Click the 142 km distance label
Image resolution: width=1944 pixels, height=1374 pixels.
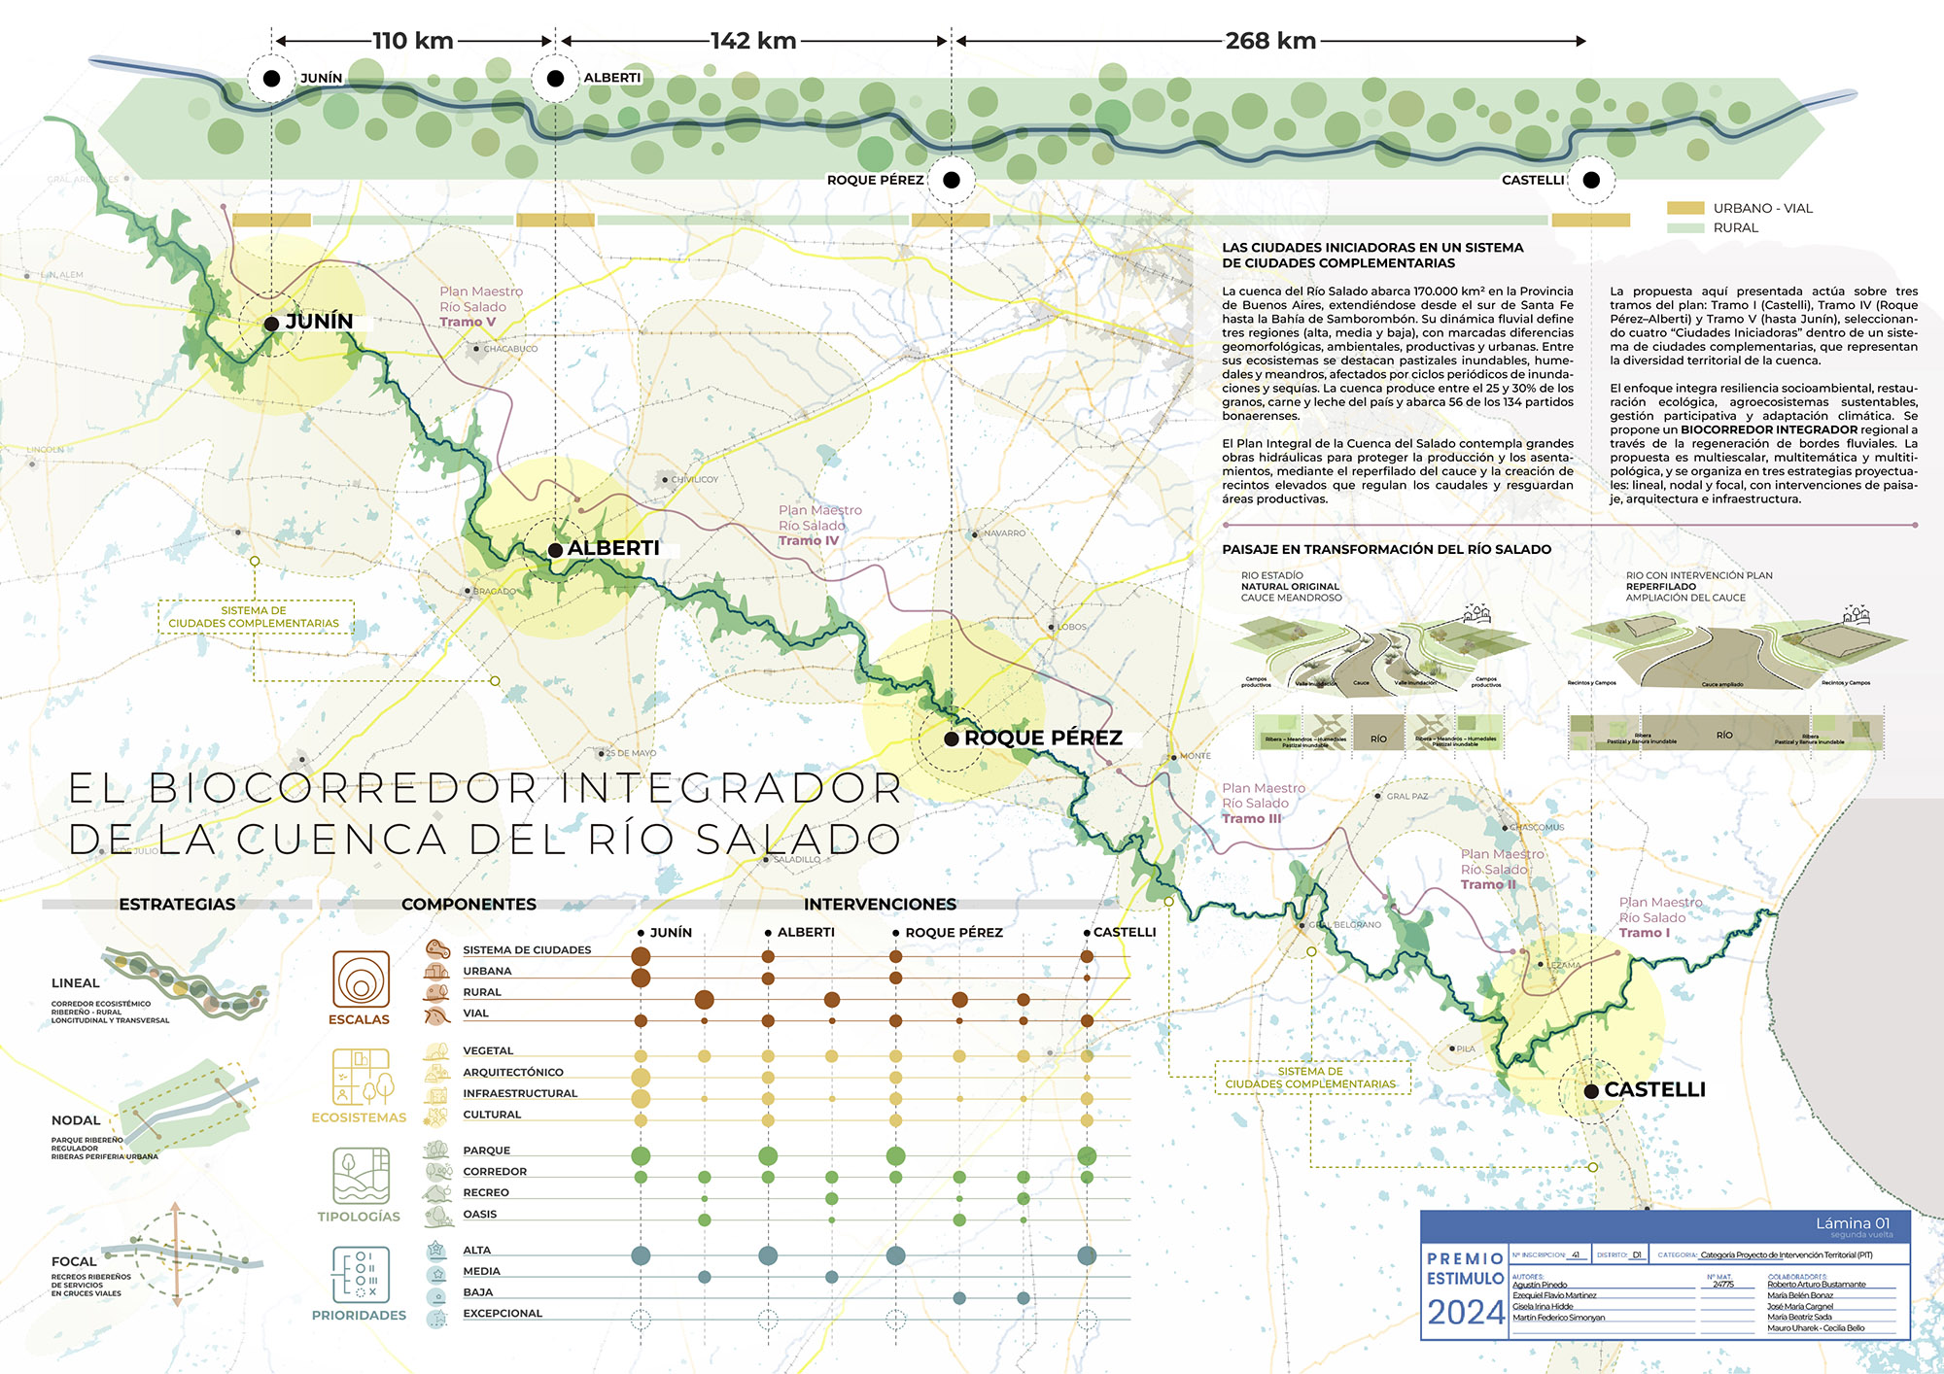point(753,41)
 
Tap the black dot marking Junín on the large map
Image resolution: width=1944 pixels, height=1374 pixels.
point(271,324)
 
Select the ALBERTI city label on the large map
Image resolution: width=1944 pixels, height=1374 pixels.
point(613,548)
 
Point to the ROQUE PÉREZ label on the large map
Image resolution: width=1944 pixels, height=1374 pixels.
point(1043,738)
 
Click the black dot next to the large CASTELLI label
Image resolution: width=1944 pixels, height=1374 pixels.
point(1591,1091)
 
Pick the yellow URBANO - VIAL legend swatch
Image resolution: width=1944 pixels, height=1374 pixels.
point(1685,208)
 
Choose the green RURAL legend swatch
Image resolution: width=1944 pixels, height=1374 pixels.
point(1685,228)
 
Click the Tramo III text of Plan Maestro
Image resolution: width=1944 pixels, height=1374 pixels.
point(1251,819)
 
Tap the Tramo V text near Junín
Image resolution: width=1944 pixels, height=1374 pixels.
point(468,323)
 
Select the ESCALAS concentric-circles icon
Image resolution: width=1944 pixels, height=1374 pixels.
point(361,979)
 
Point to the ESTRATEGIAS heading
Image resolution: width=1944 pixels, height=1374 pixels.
point(177,904)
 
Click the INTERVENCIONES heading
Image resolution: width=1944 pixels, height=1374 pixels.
point(880,904)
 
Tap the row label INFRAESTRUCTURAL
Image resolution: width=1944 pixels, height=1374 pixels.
point(520,1093)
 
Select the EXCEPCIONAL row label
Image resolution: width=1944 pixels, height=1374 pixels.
point(503,1314)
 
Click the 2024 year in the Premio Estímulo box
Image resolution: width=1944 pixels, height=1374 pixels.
point(1465,1313)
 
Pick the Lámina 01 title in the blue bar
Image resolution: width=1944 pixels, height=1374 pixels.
point(1853,1223)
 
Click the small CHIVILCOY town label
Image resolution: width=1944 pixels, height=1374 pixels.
point(694,480)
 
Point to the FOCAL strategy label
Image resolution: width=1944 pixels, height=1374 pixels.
point(74,1261)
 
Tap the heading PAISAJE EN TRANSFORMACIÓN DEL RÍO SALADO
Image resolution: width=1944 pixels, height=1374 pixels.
point(1386,549)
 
